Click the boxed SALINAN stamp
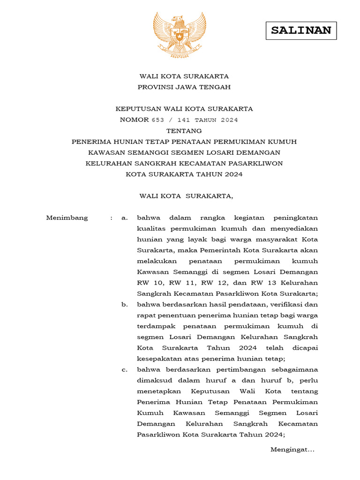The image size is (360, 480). click(x=301, y=30)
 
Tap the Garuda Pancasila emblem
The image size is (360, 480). click(x=180, y=35)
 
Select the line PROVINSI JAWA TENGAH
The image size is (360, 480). click(x=184, y=87)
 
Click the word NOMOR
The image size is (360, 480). click(x=134, y=120)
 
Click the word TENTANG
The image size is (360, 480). click(x=184, y=131)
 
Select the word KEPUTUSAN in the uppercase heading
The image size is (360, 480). click(x=135, y=109)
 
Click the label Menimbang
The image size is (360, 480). click(x=67, y=218)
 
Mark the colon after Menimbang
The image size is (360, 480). click(x=112, y=218)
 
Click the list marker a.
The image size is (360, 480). click(x=124, y=218)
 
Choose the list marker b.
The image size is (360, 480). click(x=124, y=305)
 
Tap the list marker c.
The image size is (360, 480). click(x=124, y=370)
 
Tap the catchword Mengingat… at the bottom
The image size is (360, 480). click(x=292, y=450)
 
